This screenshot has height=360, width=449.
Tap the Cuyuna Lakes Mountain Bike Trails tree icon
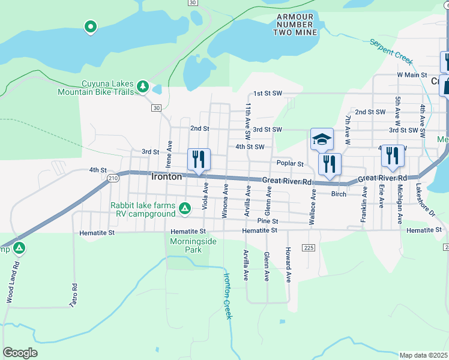[143, 87]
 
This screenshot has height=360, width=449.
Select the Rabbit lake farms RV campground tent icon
[185, 208]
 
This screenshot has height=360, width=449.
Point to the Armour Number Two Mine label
[295, 25]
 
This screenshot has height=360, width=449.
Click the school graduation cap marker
[322, 139]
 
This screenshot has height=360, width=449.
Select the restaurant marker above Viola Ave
[199, 159]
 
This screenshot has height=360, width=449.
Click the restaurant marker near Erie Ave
[393, 155]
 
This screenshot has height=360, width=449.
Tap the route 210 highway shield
[113, 178]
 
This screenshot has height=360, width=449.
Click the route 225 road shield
[309, 247]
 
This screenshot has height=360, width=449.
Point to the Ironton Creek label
[228, 296]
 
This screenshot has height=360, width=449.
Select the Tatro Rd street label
[75, 294]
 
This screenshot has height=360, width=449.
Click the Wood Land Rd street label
[10, 282]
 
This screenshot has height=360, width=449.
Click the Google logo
[20, 353]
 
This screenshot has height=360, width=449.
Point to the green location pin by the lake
[91, 27]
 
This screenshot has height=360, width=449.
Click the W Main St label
[412, 74]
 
